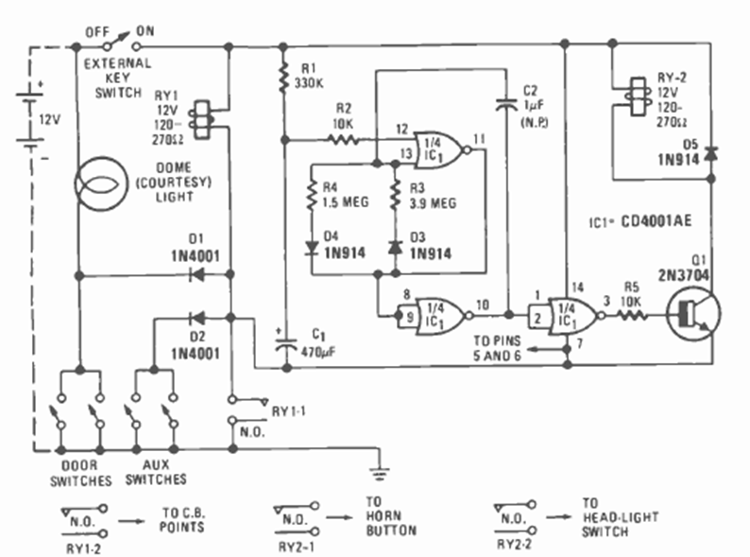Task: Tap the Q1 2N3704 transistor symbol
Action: coord(691,314)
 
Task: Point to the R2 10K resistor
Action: coord(344,140)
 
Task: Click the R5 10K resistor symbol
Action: coord(630,314)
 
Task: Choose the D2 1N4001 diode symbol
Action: coord(197,319)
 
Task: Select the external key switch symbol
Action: coord(113,44)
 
